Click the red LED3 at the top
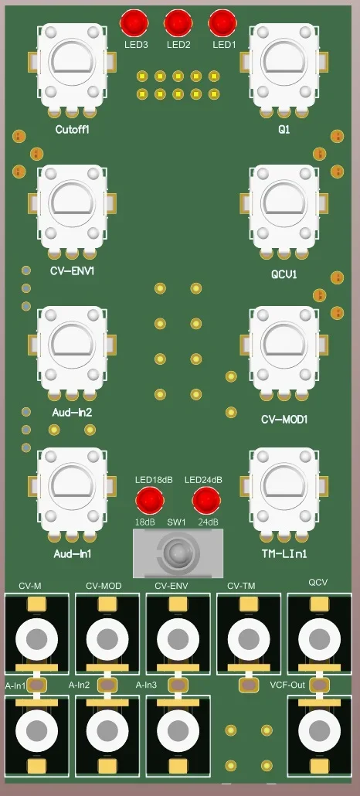(134, 22)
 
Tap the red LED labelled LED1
(222, 22)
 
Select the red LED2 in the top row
(178, 22)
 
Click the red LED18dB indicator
(145, 501)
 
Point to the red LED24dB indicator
(205, 501)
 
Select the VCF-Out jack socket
(318, 730)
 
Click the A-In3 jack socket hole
(178, 730)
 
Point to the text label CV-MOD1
(284, 420)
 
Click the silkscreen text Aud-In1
(73, 554)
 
